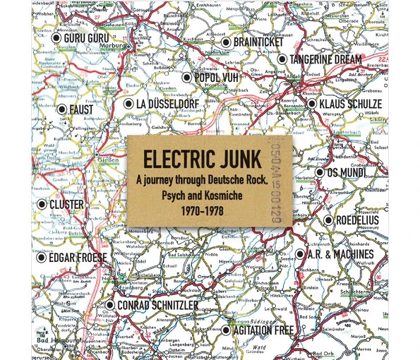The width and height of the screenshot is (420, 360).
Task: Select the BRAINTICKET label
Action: click(258, 43)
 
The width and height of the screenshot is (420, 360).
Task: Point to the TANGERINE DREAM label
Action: click(325, 60)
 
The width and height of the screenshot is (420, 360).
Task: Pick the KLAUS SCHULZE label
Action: click(350, 104)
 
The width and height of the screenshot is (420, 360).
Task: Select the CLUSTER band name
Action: click(66, 205)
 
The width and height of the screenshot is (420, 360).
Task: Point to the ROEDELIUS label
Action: click(356, 220)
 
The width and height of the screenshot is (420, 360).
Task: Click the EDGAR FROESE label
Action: click(78, 258)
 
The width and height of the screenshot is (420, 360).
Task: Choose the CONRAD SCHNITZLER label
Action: click(157, 306)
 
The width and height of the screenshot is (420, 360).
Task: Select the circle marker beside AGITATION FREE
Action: click(226, 330)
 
